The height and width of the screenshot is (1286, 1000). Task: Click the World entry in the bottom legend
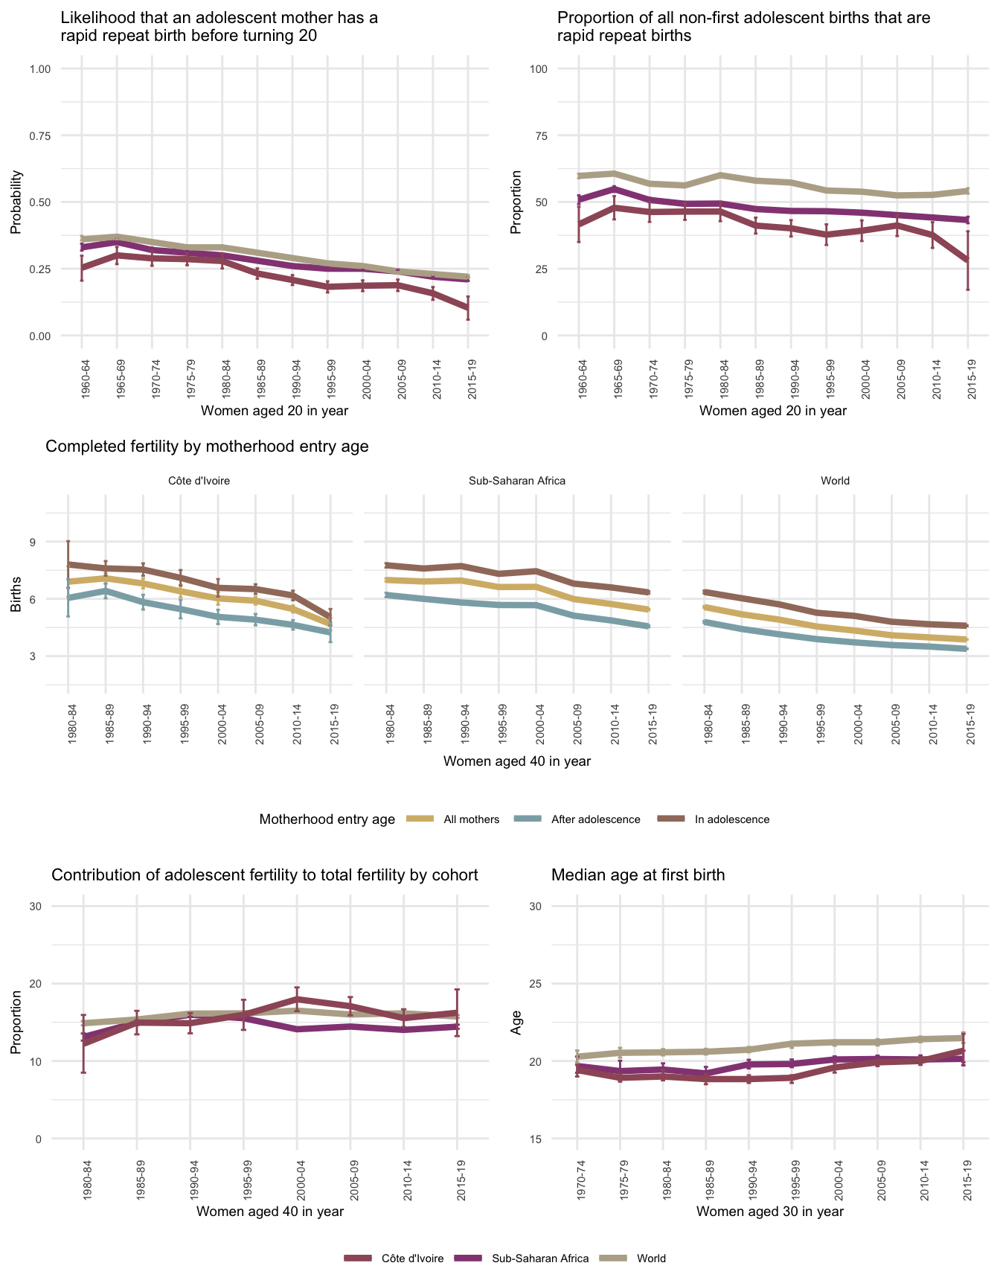point(651,1258)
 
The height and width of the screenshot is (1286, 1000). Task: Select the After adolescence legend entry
point(595,819)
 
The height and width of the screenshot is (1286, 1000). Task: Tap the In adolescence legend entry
point(731,819)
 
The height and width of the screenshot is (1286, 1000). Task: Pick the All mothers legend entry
point(471,819)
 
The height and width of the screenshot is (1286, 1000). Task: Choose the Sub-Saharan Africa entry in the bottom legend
point(540,1258)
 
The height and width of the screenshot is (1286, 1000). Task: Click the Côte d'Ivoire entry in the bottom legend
point(412,1258)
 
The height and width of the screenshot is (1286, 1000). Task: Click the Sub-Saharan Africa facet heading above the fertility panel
point(517,481)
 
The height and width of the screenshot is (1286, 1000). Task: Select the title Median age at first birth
point(638,875)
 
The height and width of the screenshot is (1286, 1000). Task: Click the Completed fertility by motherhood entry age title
point(207,447)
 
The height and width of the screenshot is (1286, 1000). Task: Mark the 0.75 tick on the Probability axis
point(39,135)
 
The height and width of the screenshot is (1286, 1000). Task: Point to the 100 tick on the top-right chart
point(538,69)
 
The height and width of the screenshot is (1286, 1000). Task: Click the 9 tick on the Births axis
point(32,542)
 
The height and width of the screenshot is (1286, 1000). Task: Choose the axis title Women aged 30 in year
point(770,1212)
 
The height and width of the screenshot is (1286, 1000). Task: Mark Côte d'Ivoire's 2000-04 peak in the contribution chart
point(297,999)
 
